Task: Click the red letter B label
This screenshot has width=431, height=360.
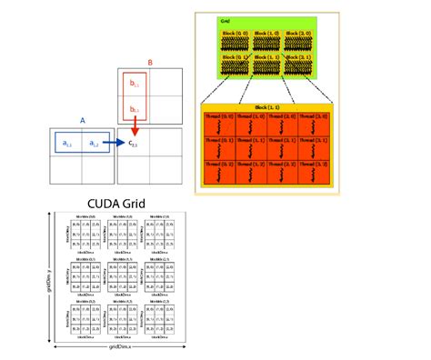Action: pos(149,64)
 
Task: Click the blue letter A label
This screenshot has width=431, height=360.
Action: pos(83,119)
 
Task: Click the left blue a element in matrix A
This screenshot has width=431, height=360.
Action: pos(67,143)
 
